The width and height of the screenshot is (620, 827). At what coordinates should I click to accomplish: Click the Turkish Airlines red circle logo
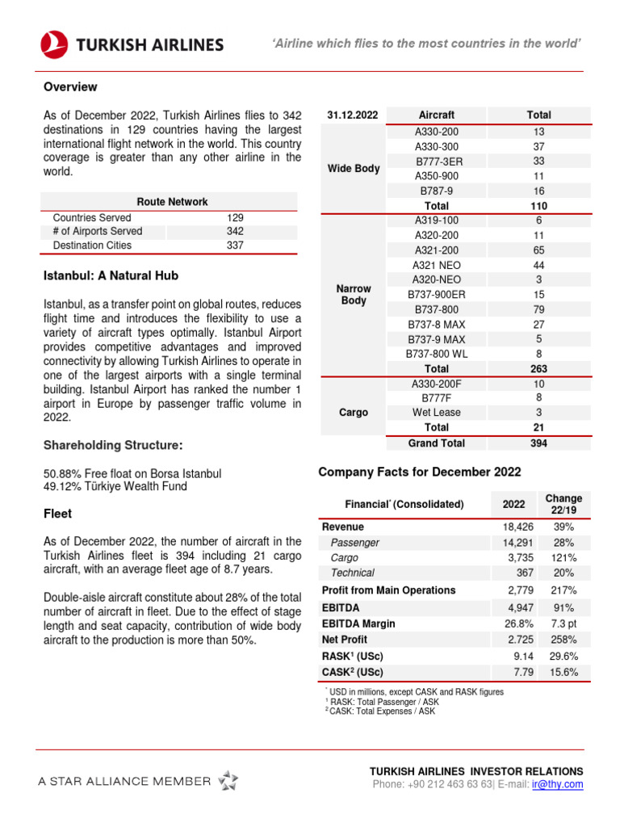coord(54,44)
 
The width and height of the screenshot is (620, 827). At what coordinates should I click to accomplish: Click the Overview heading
coord(70,86)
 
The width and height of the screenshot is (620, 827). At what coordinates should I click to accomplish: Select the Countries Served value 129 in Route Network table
coord(235,218)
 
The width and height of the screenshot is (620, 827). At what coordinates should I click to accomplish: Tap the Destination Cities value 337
coord(235,246)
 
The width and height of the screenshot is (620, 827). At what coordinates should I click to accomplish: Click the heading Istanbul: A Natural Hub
coord(111,275)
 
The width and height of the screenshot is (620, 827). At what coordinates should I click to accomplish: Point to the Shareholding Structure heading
coord(113,445)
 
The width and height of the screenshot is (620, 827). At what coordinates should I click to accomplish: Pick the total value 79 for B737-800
coord(538,309)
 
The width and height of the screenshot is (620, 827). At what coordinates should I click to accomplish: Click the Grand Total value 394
coord(538,443)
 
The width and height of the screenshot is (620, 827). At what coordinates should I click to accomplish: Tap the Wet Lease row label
coord(436,413)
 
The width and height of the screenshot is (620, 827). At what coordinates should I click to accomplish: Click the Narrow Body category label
coord(353,295)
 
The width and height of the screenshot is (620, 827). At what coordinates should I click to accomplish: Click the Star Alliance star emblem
coord(228,780)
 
